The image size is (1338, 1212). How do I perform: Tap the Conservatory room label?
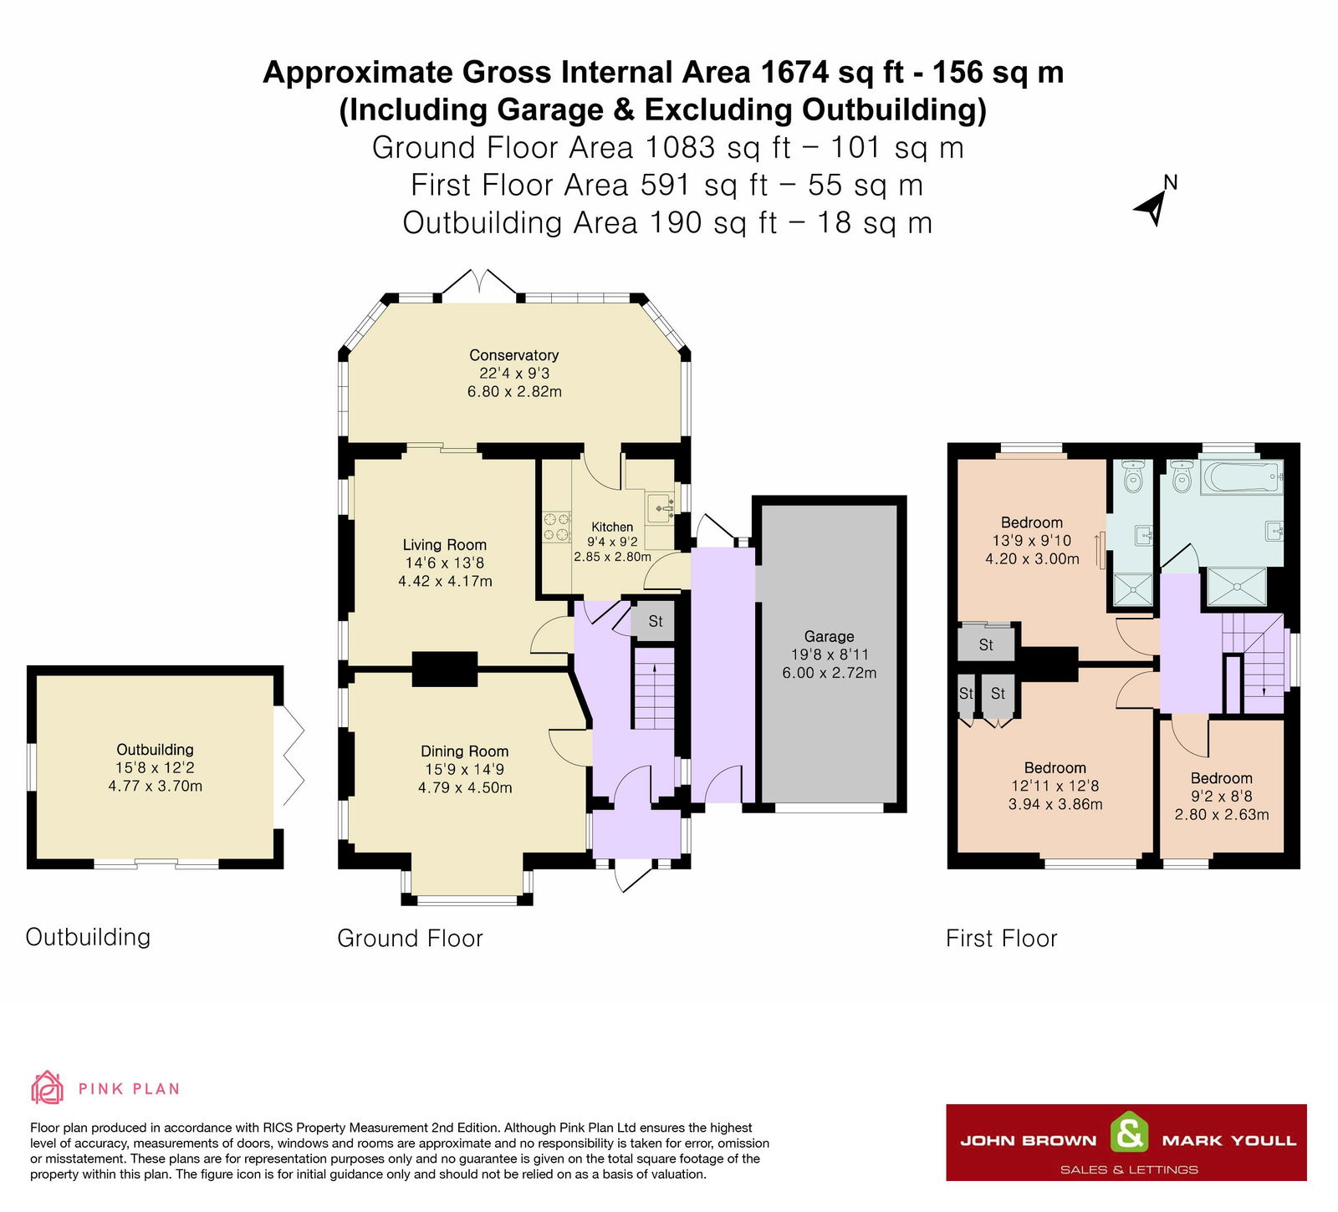(x=513, y=355)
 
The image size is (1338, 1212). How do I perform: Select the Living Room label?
(x=444, y=545)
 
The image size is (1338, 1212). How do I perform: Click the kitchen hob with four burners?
(x=557, y=527)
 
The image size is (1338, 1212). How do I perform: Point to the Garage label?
(x=829, y=637)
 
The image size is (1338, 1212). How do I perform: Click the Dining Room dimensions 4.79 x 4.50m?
(x=465, y=787)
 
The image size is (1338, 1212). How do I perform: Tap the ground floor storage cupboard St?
(x=655, y=621)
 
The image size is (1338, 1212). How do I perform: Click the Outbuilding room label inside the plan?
(x=155, y=750)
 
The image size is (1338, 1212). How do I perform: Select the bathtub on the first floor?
(x=1242, y=477)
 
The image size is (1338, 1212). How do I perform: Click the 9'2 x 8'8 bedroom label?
(x=1222, y=778)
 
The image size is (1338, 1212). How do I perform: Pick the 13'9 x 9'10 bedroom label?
(x=1032, y=523)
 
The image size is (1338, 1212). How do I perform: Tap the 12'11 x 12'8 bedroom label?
(x=1055, y=768)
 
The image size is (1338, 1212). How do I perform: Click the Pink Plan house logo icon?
(x=47, y=1087)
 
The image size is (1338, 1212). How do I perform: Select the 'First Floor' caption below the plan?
(x=1001, y=939)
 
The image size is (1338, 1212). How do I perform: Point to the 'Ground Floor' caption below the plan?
(x=410, y=939)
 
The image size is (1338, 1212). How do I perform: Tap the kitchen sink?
(x=661, y=507)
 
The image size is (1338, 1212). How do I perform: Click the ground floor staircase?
(x=653, y=687)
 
